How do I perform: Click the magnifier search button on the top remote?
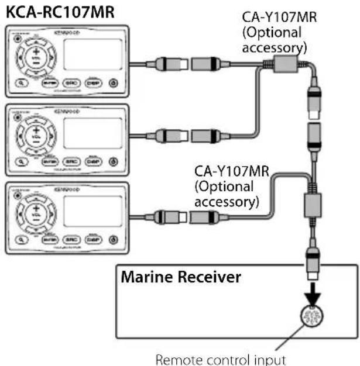pyautogui.click(x=20, y=82)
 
